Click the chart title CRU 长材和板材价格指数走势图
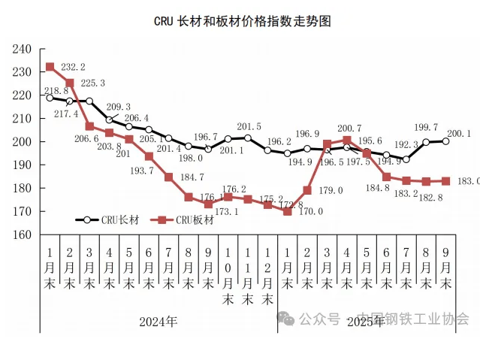242,21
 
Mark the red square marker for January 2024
50,67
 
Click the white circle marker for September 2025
445,141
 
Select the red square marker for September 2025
445,181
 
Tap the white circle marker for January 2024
50,98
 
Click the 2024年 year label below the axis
158,322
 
